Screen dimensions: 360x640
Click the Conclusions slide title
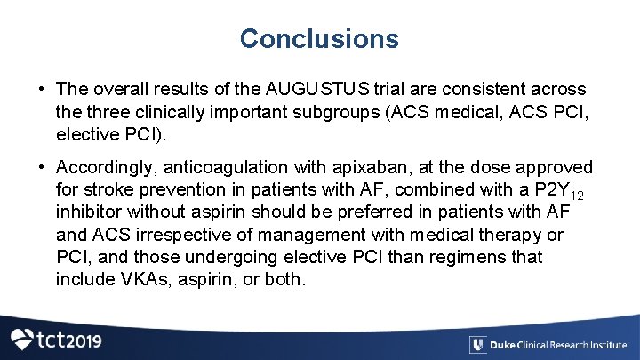(x=319, y=39)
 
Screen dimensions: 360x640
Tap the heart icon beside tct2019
(x=21, y=339)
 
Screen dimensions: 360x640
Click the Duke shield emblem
(x=477, y=345)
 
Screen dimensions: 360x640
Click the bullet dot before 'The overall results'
(x=42, y=90)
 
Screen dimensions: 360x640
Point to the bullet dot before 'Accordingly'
(x=42, y=168)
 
